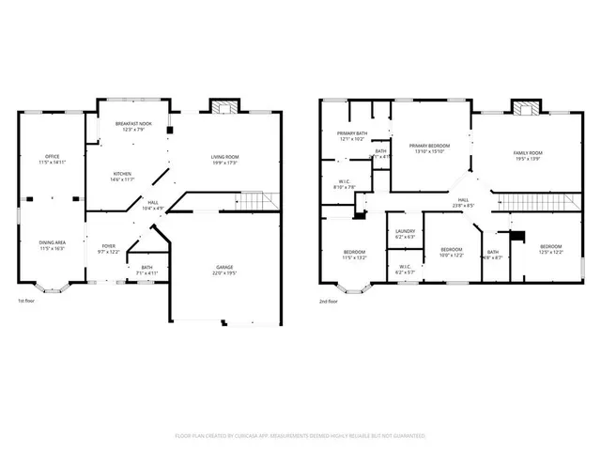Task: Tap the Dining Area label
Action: coord(51,245)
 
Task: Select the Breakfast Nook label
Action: coord(134,127)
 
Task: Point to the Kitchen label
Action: coord(123,176)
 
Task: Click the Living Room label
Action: coord(223,160)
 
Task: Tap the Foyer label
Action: coord(109,249)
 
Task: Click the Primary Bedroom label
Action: coord(428,149)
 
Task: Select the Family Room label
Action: coord(527,156)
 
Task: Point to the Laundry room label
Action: coord(405,234)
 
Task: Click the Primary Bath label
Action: coord(352,137)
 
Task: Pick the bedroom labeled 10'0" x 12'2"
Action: coord(452,253)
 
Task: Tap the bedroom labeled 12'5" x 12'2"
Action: coord(551,250)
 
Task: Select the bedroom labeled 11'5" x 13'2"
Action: coord(354,254)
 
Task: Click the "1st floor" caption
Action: coord(27,302)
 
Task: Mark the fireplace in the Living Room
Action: coord(223,107)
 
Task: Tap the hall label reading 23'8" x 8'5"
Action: coord(463,202)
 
